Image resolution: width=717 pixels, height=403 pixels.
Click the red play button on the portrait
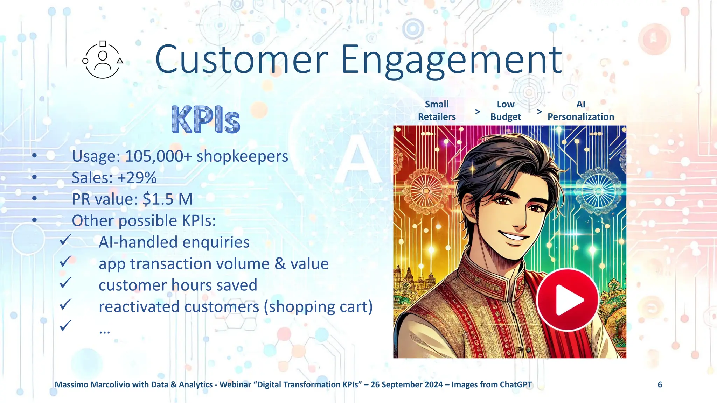tap(568, 299)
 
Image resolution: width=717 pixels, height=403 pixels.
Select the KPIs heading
tap(206, 120)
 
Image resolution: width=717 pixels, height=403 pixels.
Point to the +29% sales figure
tap(137, 178)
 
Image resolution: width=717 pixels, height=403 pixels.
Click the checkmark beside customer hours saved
tap(65, 283)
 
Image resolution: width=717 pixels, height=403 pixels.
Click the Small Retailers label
tap(437, 111)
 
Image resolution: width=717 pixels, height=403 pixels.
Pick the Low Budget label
tap(506, 111)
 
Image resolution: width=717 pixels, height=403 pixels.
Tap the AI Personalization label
tap(580, 111)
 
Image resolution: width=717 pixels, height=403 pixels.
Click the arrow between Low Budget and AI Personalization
tap(539, 112)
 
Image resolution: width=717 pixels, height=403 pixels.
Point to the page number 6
tap(660, 384)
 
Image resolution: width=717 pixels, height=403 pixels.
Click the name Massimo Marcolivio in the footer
tap(92, 384)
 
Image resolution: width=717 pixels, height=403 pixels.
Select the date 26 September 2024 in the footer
tap(406, 384)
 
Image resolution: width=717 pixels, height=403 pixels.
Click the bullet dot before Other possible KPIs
tap(34, 220)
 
